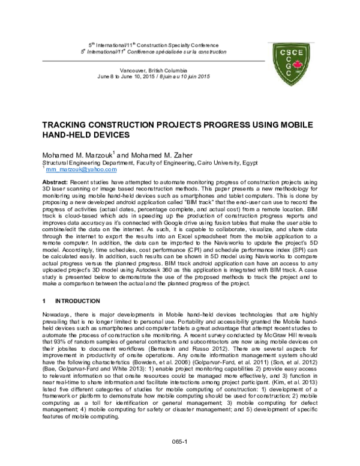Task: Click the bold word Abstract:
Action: point(55,181)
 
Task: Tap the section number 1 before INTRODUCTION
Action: point(43,300)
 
